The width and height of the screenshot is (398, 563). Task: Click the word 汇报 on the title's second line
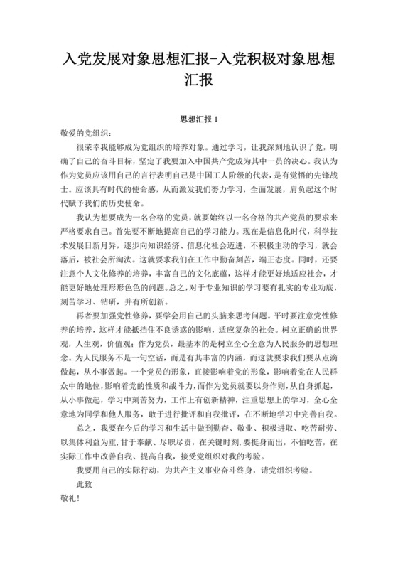tap(198, 80)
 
